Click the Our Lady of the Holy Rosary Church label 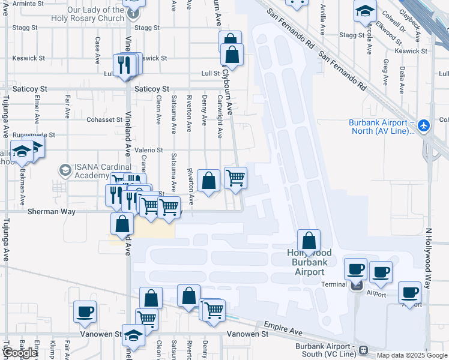[96, 14]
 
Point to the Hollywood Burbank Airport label [309, 262]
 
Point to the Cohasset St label [104, 119]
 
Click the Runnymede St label [34, 135]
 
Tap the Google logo [20, 353]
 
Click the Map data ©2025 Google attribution [411, 355]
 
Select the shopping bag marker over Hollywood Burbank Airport [309, 241]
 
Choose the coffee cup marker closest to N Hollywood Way [409, 293]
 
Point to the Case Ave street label [97, 51]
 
